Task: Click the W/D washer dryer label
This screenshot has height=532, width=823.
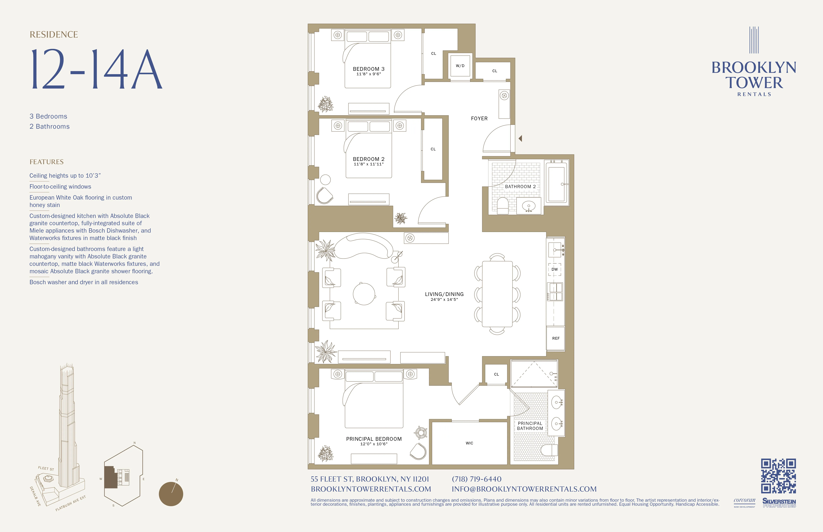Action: pyautogui.click(x=460, y=66)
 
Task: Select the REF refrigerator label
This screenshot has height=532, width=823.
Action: pyautogui.click(x=556, y=338)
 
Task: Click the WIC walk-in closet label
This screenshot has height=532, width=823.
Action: pyautogui.click(x=469, y=443)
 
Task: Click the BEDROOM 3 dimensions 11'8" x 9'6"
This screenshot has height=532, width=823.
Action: pyautogui.click(x=369, y=74)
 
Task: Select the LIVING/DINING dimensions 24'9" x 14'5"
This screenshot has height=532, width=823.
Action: pyautogui.click(x=444, y=300)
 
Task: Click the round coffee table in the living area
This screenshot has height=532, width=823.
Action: pyautogui.click(x=364, y=294)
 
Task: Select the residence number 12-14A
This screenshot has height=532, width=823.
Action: pyautogui.click(x=96, y=69)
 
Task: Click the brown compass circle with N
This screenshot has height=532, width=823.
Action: pyautogui.click(x=171, y=494)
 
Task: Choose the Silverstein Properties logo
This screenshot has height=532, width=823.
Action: pyautogui.click(x=779, y=503)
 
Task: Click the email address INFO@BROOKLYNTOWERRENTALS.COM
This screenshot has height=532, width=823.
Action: pyautogui.click(x=524, y=489)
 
